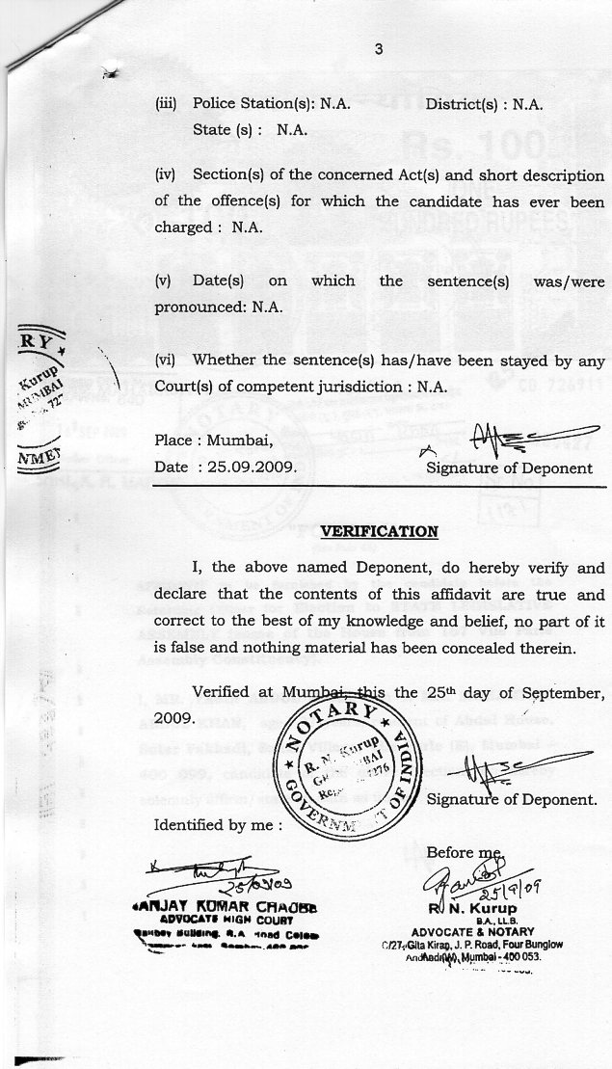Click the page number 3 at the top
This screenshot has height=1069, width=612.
380,54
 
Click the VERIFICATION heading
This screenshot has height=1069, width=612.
379,531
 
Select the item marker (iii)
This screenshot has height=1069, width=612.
169,103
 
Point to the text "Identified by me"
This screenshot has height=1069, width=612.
218,825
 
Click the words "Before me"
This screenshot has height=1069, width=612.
464,852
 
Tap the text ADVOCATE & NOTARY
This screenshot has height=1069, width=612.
473,931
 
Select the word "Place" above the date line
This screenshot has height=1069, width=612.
176,442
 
